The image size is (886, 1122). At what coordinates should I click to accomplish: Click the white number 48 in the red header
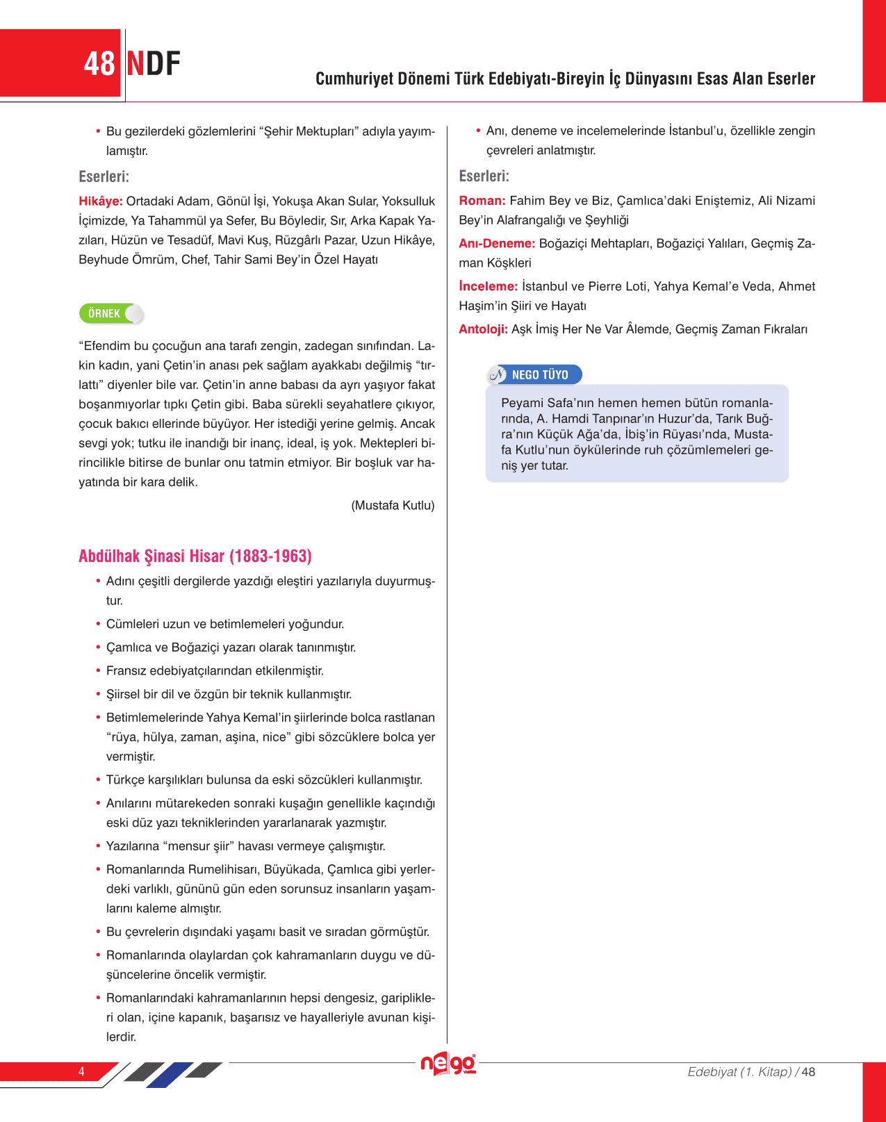[x=99, y=64]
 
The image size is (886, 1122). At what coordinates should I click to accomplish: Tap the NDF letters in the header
[x=154, y=64]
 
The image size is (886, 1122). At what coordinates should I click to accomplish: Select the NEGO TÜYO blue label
[x=539, y=375]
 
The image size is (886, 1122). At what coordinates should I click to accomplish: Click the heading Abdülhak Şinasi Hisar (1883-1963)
[x=195, y=556]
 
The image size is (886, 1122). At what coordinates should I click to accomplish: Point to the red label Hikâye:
[x=101, y=201]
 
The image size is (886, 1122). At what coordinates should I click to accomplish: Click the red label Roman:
[x=482, y=201]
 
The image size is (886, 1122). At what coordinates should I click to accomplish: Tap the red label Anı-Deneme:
[x=497, y=244]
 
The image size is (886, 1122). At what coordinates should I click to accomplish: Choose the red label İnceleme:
[x=489, y=286]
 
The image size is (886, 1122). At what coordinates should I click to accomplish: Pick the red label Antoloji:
[x=484, y=329]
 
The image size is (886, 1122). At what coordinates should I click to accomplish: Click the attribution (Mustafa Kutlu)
[x=393, y=506]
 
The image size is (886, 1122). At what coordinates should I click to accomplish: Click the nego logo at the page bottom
[x=448, y=1064]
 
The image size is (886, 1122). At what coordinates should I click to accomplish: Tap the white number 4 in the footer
[x=81, y=1071]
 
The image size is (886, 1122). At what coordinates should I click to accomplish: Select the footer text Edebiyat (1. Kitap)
[x=739, y=1072]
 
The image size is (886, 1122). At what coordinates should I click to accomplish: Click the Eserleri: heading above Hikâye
[x=104, y=176]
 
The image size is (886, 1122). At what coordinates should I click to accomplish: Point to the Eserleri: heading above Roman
[x=484, y=176]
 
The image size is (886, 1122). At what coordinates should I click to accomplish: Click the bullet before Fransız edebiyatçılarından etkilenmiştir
[x=98, y=671]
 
